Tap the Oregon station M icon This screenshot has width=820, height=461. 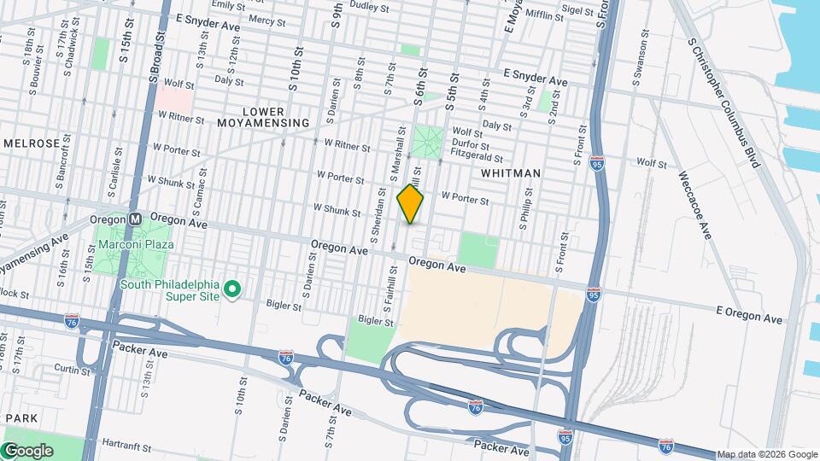(x=135, y=219)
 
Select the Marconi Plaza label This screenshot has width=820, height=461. (x=136, y=244)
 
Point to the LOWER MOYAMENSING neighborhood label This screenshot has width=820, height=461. (x=263, y=117)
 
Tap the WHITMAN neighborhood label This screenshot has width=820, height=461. (x=511, y=173)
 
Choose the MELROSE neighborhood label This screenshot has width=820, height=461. (x=32, y=143)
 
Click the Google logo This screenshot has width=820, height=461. (x=27, y=450)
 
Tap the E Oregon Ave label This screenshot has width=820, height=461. (x=749, y=314)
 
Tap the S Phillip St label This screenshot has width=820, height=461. (x=522, y=211)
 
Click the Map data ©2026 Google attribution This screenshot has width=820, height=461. (x=766, y=454)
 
